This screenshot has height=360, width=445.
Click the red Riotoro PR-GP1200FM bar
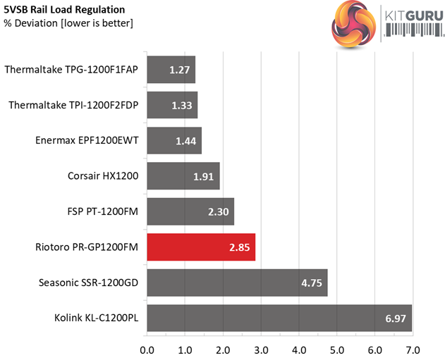click(201, 247)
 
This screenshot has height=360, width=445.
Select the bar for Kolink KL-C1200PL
click(279, 319)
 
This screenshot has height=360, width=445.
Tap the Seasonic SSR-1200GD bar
click(237, 283)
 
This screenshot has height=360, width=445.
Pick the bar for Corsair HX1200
click(183, 176)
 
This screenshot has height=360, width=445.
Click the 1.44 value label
click(186, 141)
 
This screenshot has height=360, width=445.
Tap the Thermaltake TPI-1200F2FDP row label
click(73, 105)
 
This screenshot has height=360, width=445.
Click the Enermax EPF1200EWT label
click(86, 141)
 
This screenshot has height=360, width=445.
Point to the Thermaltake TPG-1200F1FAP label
click(71, 70)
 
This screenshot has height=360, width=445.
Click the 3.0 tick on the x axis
click(261, 349)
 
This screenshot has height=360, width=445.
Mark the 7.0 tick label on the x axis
click(412, 349)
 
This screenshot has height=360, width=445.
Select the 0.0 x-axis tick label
click(147, 349)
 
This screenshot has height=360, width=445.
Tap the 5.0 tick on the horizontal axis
click(336, 349)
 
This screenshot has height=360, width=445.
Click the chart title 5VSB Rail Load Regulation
click(65, 10)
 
